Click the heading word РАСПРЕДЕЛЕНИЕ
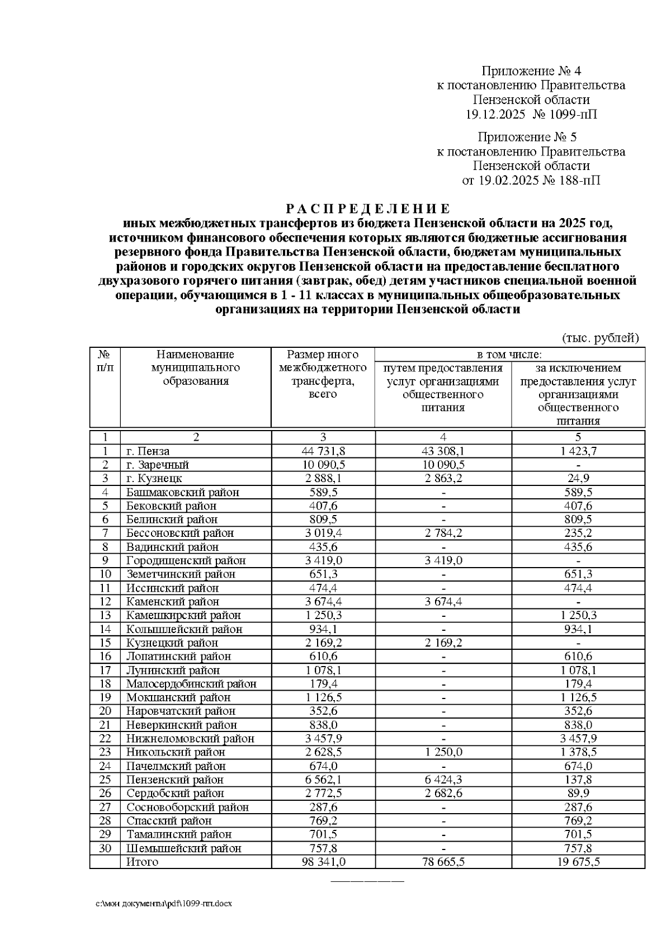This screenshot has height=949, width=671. [x=367, y=209]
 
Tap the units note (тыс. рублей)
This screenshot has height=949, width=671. [x=599, y=338]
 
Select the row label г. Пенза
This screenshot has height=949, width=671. [x=148, y=451]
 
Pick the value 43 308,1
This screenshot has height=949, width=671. [x=442, y=451]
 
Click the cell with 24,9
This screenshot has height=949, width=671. [x=578, y=478]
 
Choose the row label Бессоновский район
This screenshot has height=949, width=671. [x=180, y=533]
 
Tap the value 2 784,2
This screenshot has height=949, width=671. [x=442, y=533]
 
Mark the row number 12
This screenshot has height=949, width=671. [x=105, y=602]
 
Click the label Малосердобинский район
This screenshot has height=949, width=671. [x=191, y=683]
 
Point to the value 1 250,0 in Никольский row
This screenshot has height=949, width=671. [x=442, y=752]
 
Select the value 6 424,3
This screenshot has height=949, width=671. [x=442, y=780]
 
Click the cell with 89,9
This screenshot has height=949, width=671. [x=578, y=793]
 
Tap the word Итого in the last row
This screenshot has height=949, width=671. [x=142, y=862]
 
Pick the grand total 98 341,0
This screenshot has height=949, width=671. [x=323, y=862]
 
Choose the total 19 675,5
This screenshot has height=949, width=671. [x=578, y=862]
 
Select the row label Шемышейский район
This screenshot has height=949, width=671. [x=183, y=848]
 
